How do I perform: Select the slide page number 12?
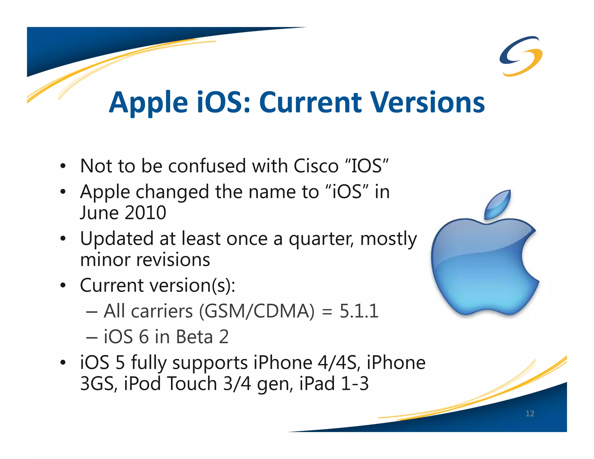coord(530,413)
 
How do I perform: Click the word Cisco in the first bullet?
coord(316,166)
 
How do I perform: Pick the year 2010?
coord(145,213)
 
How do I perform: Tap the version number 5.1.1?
coord(359,311)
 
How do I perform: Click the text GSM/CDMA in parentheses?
coord(257,311)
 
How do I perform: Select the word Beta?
coord(194,337)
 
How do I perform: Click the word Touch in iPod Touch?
coord(192,384)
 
